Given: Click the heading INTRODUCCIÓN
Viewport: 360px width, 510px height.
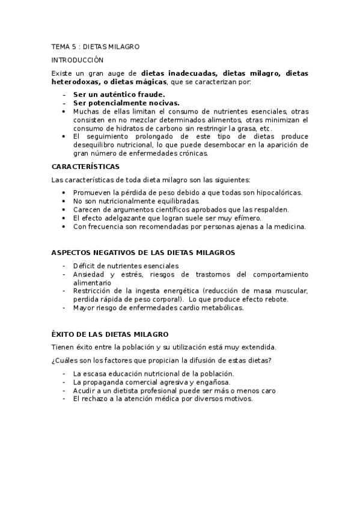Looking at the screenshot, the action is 78,60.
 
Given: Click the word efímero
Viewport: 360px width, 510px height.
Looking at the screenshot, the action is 246,218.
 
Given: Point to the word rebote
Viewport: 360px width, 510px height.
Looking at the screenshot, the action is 275,299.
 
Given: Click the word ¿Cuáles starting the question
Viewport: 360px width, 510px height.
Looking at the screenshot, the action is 64,360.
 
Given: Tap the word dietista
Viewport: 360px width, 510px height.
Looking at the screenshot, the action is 123,390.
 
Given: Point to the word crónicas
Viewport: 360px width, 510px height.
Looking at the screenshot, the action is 192,153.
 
